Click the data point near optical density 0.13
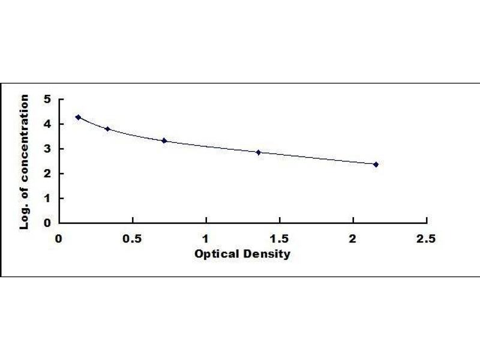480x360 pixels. pyautogui.click(x=78, y=117)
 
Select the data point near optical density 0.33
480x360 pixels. pyautogui.click(x=107, y=129)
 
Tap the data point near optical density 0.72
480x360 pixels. pyautogui.click(x=164, y=140)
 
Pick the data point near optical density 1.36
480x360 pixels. pyautogui.click(x=259, y=152)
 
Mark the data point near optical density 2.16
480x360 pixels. pyautogui.click(x=376, y=164)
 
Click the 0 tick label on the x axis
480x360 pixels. pyautogui.click(x=59, y=238)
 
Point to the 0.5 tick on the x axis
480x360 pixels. pyautogui.click(x=133, y=238)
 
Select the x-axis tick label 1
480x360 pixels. pyautogui.click(x=206, y=238)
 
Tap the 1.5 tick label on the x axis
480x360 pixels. pyautogui.click(x=280, y=238)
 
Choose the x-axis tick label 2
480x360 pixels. pyautogui.click(x=353, y=238)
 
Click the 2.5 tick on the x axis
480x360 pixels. pyautogui.click(x=427, y=238)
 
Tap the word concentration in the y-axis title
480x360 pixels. pyautogui.click(x=25, y=139)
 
